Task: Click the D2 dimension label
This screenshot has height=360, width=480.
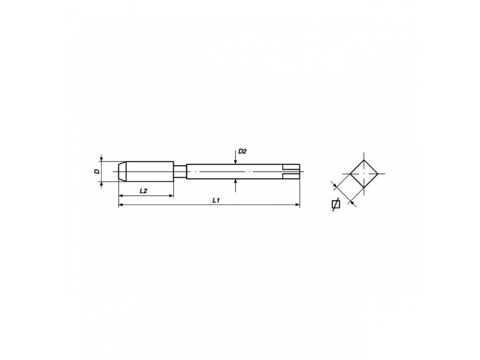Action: (242, 152)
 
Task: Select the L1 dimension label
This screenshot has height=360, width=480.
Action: (217, 200)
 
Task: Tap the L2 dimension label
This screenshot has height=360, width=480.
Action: (143, 191)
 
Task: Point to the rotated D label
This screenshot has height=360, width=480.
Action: (97, 171)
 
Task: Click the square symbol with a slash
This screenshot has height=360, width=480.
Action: (336, 204)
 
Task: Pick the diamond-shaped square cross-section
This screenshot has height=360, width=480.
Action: (364, 174)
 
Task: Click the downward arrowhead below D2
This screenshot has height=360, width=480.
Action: (236, 162)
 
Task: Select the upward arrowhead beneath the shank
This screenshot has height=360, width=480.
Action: (236, 181)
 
